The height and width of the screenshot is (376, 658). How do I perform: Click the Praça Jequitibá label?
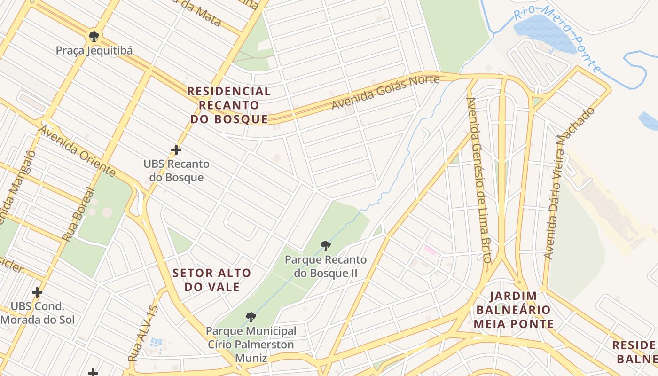(94, 50)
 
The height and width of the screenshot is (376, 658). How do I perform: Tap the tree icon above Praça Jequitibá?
(94, 36)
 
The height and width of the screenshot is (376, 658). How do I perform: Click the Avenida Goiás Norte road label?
(385, 93)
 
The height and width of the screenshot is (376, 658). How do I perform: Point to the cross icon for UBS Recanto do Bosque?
(176, 150)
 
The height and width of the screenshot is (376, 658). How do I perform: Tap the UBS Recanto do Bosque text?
(176, 171)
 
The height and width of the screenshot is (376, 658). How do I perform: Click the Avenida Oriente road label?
(78, 151)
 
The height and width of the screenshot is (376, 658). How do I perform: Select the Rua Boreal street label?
(78, 215)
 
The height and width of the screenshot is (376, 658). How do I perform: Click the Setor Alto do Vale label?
(212, 280)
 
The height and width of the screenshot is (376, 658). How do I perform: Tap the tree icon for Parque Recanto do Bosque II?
(325, 245)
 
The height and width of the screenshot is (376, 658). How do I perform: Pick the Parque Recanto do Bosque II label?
(326, 266)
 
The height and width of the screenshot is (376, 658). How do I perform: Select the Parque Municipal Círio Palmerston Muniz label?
(251, 345)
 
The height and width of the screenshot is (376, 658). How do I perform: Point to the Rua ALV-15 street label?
(143, 333)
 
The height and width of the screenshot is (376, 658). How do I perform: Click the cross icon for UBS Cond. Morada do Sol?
(37, 292)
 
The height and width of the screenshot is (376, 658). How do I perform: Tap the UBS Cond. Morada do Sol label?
(38, 313)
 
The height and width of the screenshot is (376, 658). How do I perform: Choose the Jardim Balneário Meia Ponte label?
(513, 310)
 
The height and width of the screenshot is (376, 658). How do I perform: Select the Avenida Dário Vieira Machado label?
(568, 184)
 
